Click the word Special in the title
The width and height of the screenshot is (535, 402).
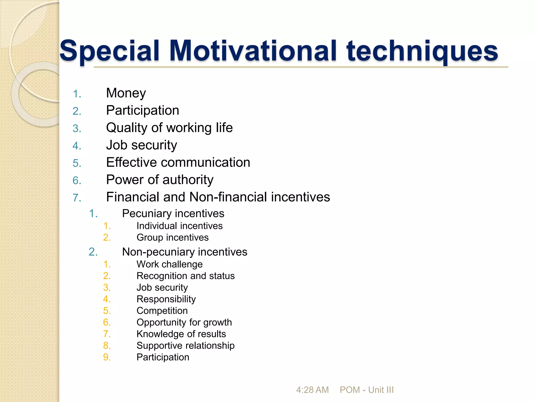[x=109, y=51]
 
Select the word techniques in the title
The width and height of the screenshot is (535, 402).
[x=422, y=51]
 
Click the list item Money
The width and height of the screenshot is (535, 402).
[x=126, y=93]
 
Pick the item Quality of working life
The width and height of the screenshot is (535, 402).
[x=169, y=128]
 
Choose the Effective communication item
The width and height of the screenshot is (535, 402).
[x=178, y=163]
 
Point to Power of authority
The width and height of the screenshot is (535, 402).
[x=160, y=180]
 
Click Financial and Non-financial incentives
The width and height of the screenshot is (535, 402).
[x=218, y=197]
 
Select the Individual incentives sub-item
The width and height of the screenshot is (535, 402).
[x=179, y=226]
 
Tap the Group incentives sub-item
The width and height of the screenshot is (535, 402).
[x=172, y=237]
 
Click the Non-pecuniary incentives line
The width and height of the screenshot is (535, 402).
[x=184, y=252]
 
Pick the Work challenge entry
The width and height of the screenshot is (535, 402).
[x=170, y=264]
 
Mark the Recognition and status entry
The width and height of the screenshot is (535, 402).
[x=185, y=276]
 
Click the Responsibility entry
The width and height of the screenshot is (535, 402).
[x=166, y=299]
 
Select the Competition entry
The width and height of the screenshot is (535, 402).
[x=162, y=311]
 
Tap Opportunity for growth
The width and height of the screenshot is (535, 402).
[x=184, y=322]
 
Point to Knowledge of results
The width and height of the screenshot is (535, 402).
[x=181, y=334]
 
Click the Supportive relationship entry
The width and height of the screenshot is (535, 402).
[x=185, y=345]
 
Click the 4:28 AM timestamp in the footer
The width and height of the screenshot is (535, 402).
[x=312, y=390]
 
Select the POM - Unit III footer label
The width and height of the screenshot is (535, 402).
[x=367, y=390]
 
